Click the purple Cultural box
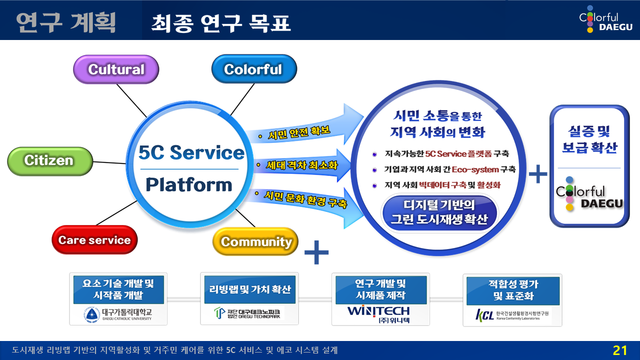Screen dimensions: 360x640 pyautogui.click(x=116, y=70)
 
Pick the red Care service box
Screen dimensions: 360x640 pyautogui.click(x=93, y=241)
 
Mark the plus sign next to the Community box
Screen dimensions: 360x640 pyautogui.click(x=316, y=251)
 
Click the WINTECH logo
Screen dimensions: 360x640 pyautogui.click(x=371, y=312)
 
